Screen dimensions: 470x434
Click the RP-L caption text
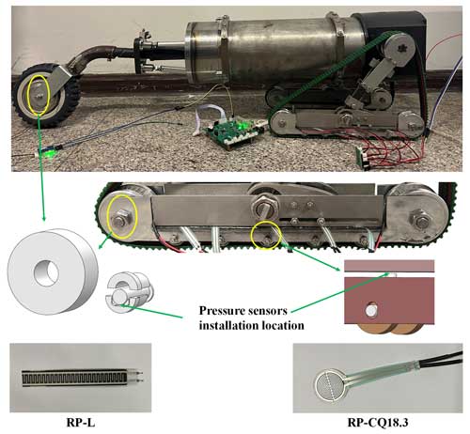[81, 423]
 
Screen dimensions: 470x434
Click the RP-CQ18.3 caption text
[378, 423]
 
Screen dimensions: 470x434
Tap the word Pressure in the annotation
[222, 311]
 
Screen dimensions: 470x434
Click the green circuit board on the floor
[232, 132]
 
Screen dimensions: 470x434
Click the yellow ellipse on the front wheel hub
[39, 94]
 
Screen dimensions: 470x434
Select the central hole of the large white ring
[46, 272]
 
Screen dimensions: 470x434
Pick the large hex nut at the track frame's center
[267, 203]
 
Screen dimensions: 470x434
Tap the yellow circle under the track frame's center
[266, 236]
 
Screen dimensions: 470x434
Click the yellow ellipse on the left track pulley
[122, 217]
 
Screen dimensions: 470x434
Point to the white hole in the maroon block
[372, 310]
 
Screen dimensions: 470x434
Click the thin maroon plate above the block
[389, 266]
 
